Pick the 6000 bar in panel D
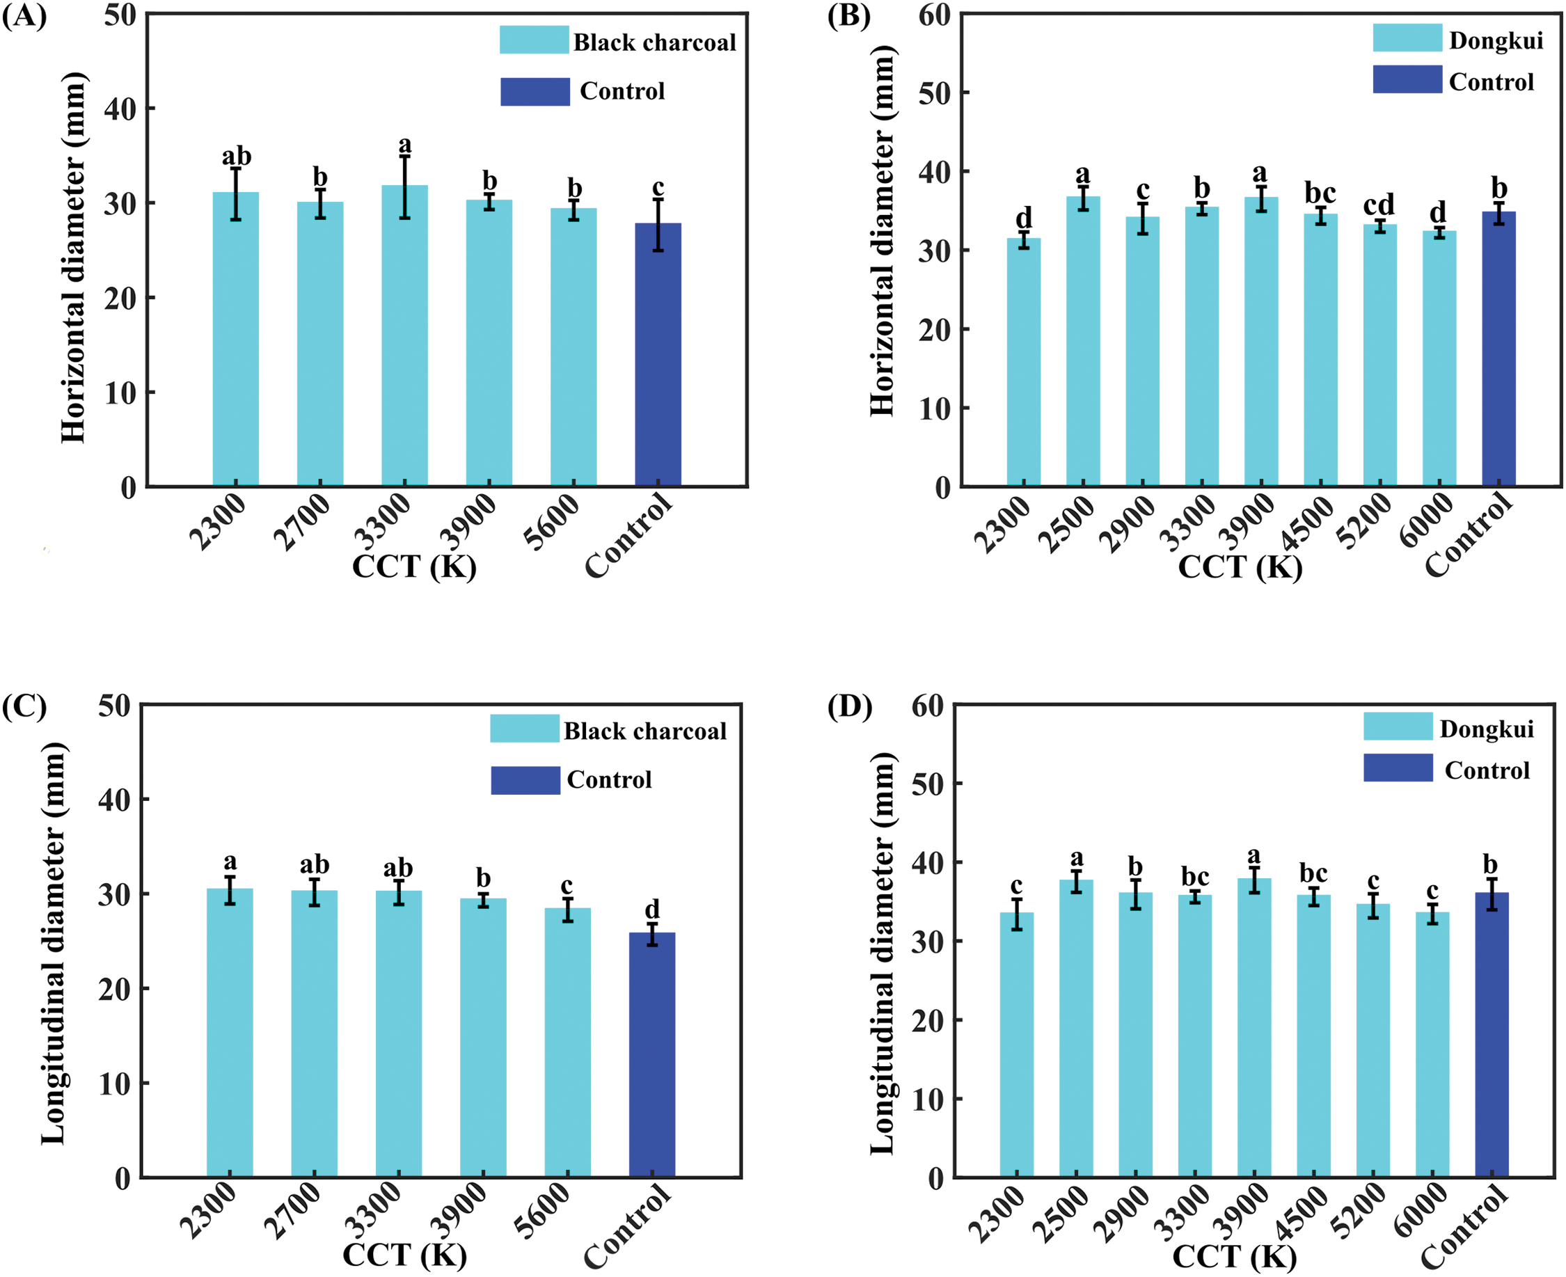coord(1432,1044)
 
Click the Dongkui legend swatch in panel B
coord(1407,38)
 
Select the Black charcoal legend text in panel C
coord(644,731)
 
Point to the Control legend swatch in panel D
coord(1398,768)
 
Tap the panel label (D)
coord(850,707)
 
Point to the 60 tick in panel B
coord(933,15)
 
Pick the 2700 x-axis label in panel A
coord(301,522)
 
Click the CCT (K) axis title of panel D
coord(1233,1256)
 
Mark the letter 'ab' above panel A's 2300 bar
coord(236,156)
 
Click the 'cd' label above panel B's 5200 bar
coord(1379,204)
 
